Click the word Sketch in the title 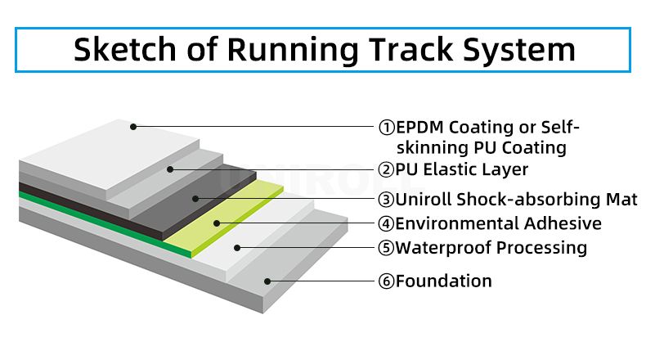[x=125, y=49]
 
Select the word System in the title [x=518, y=51]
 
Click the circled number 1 [x=387, y=128]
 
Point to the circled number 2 [x=387, y=169]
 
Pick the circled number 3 [x=387, y=200]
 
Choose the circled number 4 [x=387, y=223]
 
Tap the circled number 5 [x=387, y=248]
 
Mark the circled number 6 [x=387, y=281]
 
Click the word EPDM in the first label [x=419, y=128]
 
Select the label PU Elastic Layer [x=461, y=169]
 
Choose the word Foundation [x=444, y=281]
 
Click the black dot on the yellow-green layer [x=217, y=223]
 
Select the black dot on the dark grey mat [x=195, y=199]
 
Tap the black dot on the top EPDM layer [x=133, y=127]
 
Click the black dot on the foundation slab [x=267, y=281]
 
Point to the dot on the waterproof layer [x=237, y=248]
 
